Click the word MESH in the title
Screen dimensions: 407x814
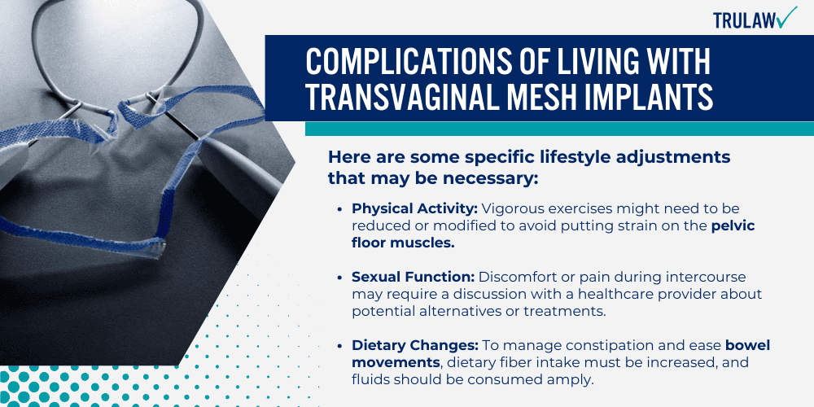(553, 98)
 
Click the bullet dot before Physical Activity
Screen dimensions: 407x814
(339, 209)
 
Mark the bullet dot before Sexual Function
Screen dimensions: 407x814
(339, 278)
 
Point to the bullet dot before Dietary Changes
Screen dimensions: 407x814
(339, 347)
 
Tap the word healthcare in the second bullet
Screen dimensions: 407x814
(597, 294)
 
